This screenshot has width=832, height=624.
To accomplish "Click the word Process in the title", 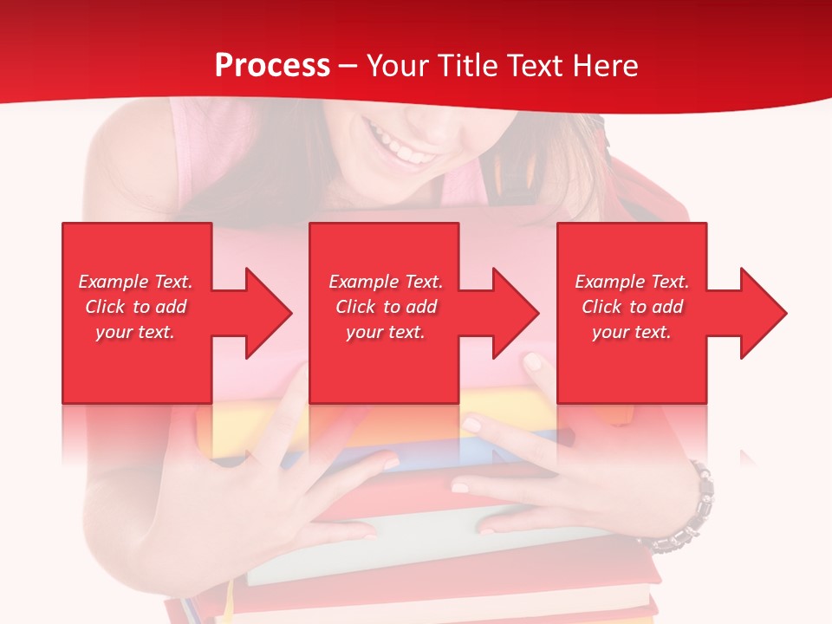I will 272,66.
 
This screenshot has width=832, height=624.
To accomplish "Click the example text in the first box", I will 136,307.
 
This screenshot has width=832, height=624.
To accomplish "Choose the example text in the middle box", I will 386,307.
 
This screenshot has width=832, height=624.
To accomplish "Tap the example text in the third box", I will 632,307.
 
